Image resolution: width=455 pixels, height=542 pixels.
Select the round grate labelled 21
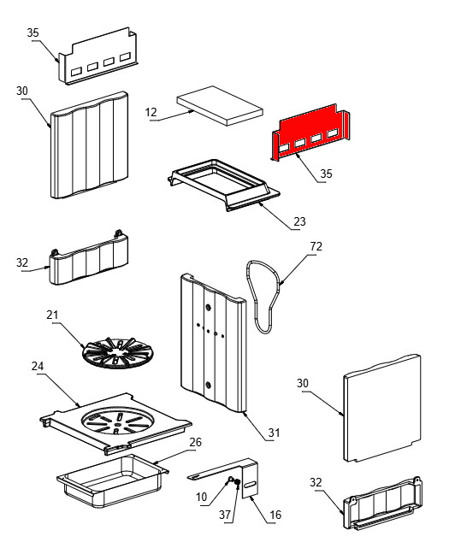[x=117, y=353]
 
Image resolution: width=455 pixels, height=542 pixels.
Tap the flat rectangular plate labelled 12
[x=220, y=105]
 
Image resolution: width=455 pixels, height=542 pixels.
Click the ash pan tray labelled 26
[x=113, y=481]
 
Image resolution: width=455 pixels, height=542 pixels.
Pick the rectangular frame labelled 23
[x=224, y=185]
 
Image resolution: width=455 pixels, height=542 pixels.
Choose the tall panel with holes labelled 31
[x=213, y=343]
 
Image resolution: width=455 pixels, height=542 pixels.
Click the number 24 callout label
[x=38, y=366]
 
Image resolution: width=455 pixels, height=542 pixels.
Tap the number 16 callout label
[x=275, y=515]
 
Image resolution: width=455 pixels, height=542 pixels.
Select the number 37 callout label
[x=225, y=515]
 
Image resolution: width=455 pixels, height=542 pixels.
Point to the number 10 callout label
[x=202, y=497]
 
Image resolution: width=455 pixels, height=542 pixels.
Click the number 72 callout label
[x=316, y=246]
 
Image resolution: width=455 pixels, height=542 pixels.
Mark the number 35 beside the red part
[x=326, y=174]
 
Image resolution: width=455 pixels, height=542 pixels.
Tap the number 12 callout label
[x=151, y=112]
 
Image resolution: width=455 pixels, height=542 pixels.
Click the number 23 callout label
[x=299, y=221]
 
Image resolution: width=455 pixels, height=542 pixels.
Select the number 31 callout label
[x=275, y=432]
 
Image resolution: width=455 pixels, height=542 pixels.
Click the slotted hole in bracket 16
[x=251, y=485]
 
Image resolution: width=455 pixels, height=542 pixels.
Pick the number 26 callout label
[x=195, y=442]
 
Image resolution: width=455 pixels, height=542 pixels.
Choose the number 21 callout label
[x=52, y=315]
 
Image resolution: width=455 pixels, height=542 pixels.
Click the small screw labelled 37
[x=237, y=482]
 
